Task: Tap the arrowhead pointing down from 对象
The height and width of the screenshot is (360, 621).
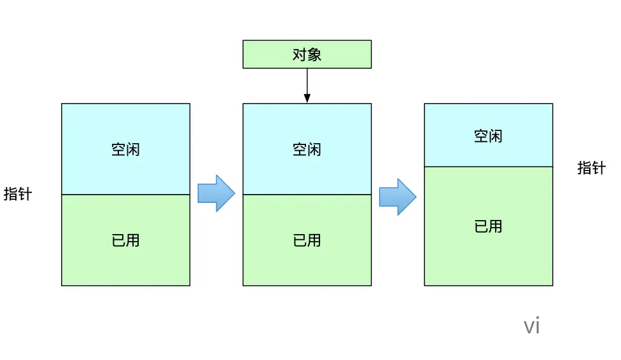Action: tap(307, 98)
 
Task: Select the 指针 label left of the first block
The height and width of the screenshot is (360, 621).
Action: tap(17, 194)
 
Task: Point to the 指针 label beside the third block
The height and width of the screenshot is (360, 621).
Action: tap(591, 167)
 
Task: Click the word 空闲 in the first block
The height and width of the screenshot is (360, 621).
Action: tap(125, 149)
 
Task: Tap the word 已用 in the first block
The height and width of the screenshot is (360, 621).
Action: tap(125, 240)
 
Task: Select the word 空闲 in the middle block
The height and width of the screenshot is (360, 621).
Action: tap(307, 149)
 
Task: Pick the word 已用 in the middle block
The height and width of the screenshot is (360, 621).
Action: tap(307, 240)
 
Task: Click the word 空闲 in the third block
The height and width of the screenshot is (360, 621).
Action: tap(488, 135)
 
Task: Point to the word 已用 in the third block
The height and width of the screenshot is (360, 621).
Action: tap(488, 226)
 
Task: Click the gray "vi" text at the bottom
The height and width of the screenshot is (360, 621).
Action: tap(531, 326)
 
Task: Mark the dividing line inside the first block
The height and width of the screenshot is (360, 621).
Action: tap(125, 195)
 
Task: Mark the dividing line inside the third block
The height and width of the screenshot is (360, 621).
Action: tap(488, 167)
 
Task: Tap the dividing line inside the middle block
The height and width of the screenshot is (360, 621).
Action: tap(307, 195)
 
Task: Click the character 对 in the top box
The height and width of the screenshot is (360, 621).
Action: tap(299, 55)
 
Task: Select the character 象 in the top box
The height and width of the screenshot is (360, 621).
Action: tap(314, 55)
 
